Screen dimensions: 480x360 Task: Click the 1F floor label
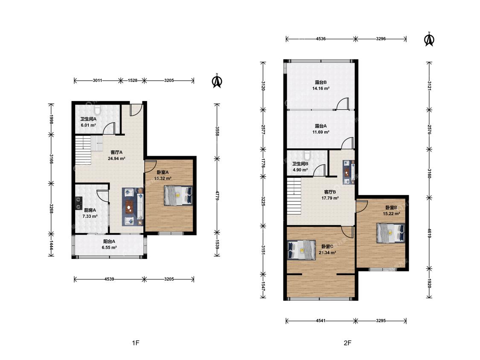[136, 343]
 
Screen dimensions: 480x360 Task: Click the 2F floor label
[347, 343]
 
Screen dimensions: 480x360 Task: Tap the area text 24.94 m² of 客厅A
[116, 159]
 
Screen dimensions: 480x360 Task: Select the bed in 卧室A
[178, 195]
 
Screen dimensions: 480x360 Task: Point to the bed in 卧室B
[390, 233]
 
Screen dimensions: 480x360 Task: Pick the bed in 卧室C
[302, 250]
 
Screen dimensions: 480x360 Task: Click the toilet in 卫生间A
[97, 109]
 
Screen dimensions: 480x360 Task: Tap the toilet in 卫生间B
[307, 155]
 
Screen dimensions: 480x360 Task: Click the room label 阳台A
[109, 241]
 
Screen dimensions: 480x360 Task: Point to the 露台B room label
[321, 82]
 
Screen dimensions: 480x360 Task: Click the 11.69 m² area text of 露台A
[321, 132]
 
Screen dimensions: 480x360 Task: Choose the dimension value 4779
[217, 196]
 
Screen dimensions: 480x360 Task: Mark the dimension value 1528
[133, 81]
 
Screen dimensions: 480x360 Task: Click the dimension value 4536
[321, 39]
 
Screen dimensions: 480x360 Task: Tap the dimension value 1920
[429, 283]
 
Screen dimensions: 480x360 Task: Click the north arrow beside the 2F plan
[429, 39]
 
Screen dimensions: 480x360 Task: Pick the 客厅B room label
[330, 192]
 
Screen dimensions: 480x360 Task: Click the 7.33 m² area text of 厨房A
[90, 216]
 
